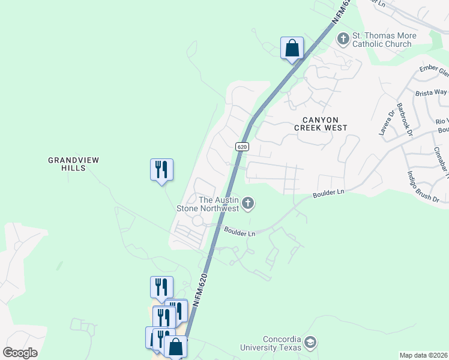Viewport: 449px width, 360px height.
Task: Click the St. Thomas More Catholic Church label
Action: pyautogui.click(x=382, y=40)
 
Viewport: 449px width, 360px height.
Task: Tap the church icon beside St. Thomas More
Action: pyautogui.click(x=343, y=39)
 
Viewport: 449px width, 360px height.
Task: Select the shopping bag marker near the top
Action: pyautogui.click(x=292, y=47)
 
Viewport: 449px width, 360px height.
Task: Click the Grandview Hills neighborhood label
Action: pyautogui.click(x=73, y=164)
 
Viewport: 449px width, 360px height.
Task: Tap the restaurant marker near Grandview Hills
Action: pyautogui.click(x=161, y=169)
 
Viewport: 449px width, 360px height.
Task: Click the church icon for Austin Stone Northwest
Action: pyautogui.click(x=247, y=204)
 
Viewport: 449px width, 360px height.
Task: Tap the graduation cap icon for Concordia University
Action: pyautogui.click(x=310, y=343)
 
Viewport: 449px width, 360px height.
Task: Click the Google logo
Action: pyautogui.click(x=20, y=352)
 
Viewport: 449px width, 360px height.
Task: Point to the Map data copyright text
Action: pyautogui.click(x=423, y=355)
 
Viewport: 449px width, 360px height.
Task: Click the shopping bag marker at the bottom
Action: pyautogui.click(x=175, y=347)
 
